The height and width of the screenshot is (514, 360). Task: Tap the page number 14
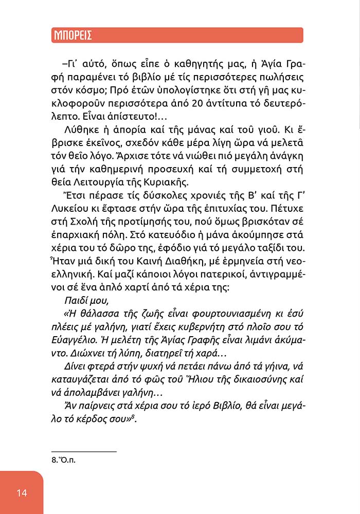[x=22, y=493]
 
